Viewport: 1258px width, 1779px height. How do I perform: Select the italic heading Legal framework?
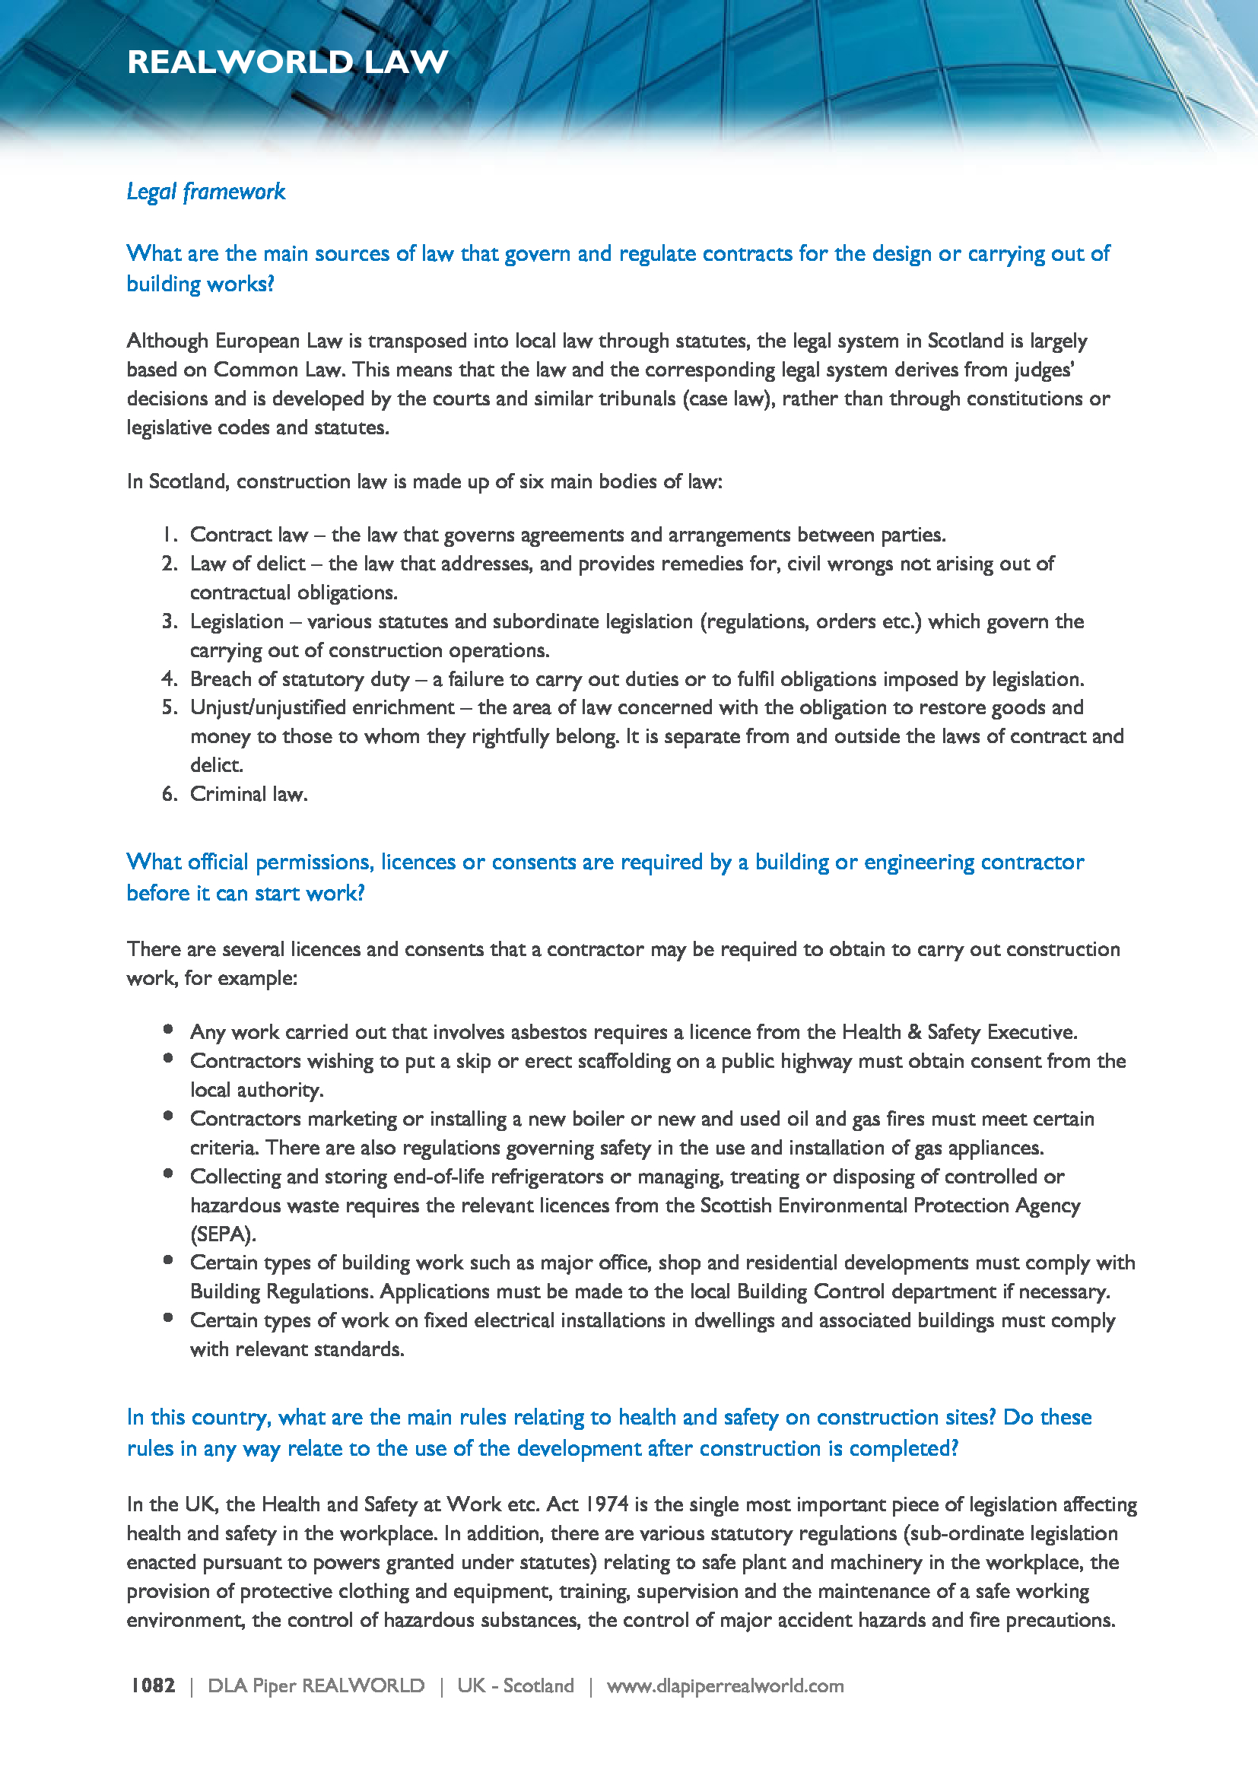(x=206, y=192)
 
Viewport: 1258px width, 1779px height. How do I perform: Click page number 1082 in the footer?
(x=153, y=1685)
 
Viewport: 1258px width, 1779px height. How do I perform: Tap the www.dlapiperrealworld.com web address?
(x=725, y=1685)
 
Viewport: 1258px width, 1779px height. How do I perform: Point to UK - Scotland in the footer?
(x=515, y=1685)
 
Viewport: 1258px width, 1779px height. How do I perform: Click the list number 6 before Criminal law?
(x=170, y=793)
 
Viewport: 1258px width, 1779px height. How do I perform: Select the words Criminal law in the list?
(x=248, y=793)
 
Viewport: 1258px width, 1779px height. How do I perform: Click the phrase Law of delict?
(x=248, y=564)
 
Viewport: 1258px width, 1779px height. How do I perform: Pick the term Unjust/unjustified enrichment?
(x=322, y=707)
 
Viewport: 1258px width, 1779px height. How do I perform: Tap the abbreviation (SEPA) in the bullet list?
(x=223, y=1234)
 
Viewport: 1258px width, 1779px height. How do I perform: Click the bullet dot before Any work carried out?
(x=168, y=1030)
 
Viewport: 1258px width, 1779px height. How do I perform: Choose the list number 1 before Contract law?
(x=170, y=535)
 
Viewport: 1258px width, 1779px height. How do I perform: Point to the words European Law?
(x=278, y=341)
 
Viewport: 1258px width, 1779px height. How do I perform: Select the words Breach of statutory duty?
(x=300, y=678)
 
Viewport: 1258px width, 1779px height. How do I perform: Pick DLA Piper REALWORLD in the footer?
(x=316, y=1685)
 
